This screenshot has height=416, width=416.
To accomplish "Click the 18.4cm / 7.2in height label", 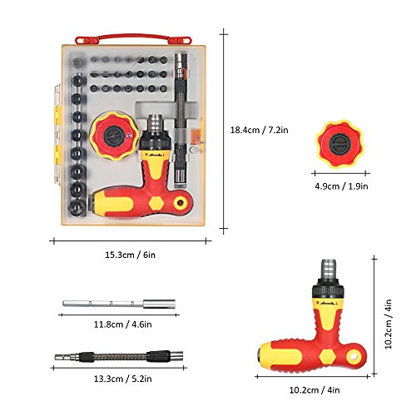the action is coord(260,130).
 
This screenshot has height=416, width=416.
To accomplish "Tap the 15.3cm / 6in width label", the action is coord(130,255).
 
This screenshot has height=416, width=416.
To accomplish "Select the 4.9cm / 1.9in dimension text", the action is coord(341,186).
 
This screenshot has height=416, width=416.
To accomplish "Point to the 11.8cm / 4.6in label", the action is coord(123,324).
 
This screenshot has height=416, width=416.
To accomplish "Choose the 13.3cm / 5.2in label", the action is coord(123,379).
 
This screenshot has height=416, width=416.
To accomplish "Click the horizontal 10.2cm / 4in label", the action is coord(314,390).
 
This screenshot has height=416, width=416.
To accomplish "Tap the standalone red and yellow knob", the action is coord(339,143).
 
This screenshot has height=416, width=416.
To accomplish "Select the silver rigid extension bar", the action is coord(119,304).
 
